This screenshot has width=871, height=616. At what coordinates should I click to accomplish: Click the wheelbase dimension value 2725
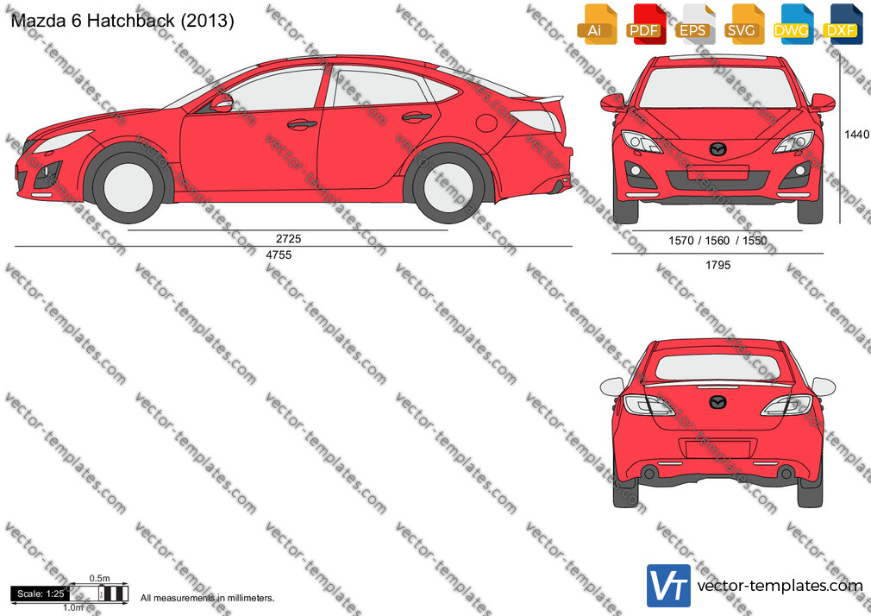point(288,238)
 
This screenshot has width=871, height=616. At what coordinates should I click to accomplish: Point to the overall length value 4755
point(279,255)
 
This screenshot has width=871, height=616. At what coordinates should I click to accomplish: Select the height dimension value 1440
point(856,134)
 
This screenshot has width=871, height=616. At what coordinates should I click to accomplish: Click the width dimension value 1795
point(717,265)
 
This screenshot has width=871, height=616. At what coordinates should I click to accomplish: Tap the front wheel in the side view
point(128,185)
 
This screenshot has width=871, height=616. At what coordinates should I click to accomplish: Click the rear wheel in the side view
point(448,186)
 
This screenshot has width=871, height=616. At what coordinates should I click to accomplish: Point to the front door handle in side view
point(302,124)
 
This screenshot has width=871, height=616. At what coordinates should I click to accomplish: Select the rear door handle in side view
point(417,117)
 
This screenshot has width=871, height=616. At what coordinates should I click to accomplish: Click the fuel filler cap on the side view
point(486,123)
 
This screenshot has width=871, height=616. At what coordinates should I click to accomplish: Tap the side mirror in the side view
point(221,104)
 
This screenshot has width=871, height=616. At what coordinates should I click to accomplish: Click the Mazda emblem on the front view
point(717,149)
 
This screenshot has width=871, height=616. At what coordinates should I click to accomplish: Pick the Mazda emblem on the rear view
point(717,401)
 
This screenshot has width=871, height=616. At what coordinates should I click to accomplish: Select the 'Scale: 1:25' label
point(41,594)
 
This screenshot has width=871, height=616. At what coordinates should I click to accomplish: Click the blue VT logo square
point(669,586)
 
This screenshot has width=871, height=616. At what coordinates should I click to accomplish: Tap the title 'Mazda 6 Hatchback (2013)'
point(122,21)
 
